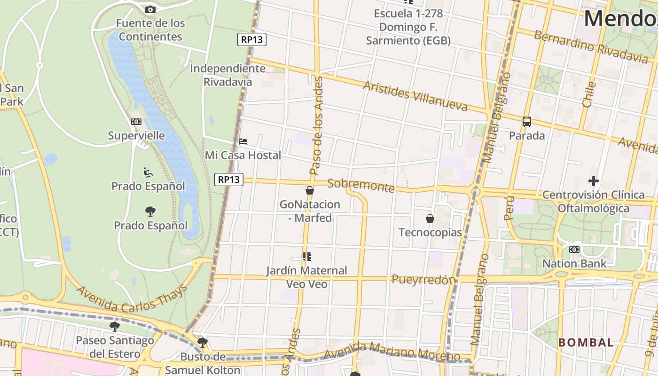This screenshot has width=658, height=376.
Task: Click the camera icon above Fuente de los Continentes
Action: [150, 9]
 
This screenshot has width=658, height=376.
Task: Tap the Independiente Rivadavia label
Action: [228, 75]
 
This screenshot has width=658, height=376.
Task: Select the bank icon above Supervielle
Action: [136, 122]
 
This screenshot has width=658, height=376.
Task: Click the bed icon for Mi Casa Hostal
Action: [243, 141]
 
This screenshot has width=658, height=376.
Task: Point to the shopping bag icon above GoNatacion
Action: [310, 190]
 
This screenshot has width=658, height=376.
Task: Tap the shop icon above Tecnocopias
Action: [430, 219]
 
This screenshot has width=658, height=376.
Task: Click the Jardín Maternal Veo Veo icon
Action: [307, 257]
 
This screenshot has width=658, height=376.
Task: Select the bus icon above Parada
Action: [527, 122]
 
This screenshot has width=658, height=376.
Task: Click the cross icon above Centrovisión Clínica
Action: [594, 180]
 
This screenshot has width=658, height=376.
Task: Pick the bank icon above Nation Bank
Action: [574, 250]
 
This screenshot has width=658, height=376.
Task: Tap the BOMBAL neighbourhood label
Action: [586, 343]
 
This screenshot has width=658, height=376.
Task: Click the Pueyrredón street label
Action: [424, 280]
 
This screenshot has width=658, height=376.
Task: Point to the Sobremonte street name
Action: [361, 185]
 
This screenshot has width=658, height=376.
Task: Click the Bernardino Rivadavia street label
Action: [591, 46]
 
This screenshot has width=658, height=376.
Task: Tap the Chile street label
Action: [588, 94]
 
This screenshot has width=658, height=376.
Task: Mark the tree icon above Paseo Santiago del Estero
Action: [114, 326]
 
